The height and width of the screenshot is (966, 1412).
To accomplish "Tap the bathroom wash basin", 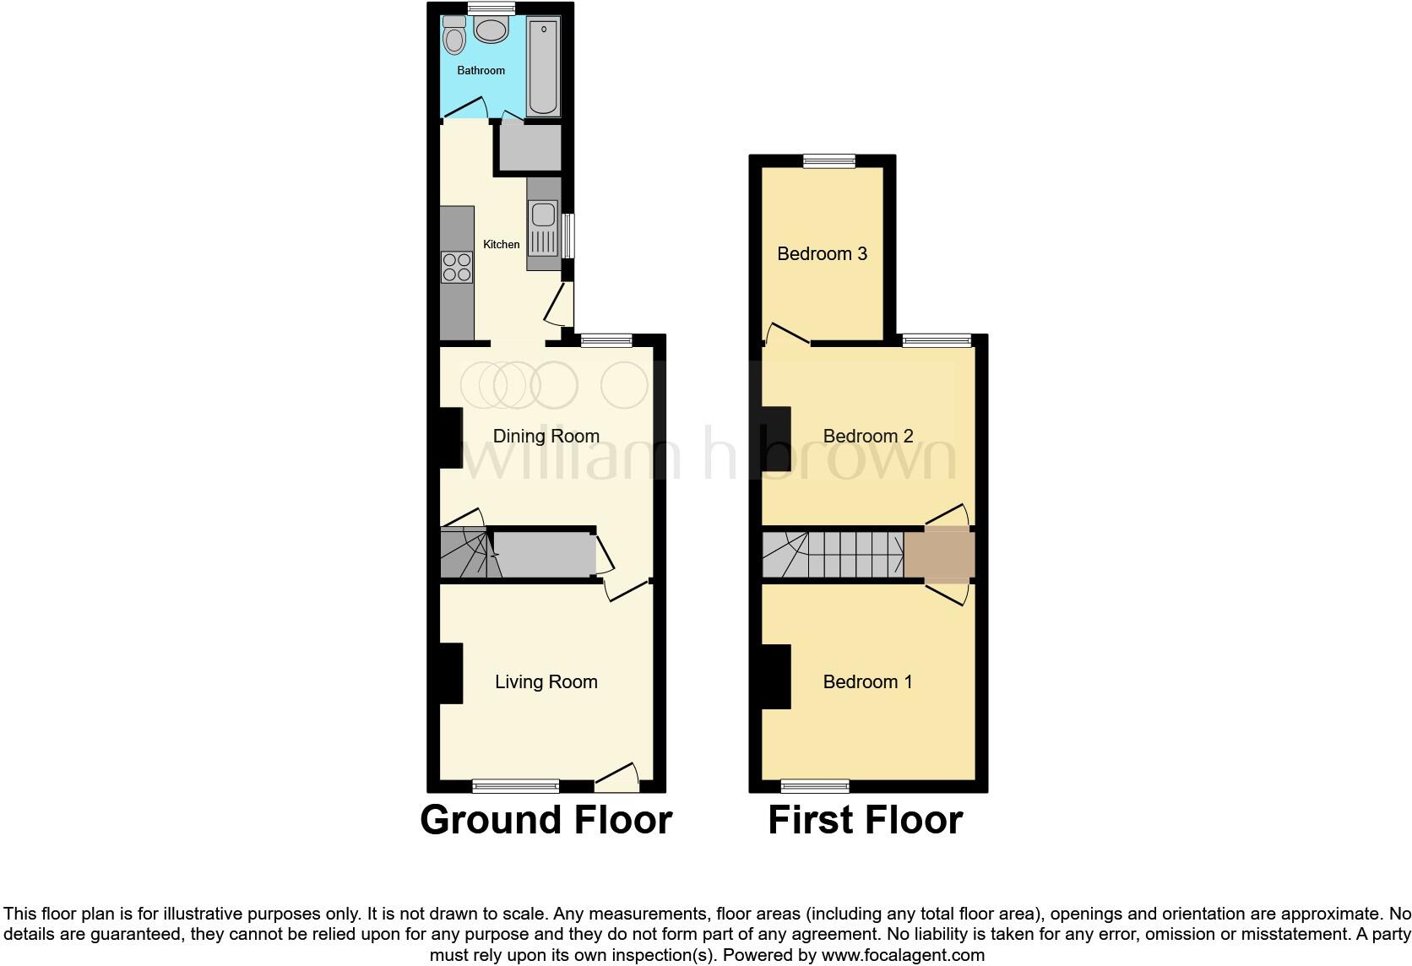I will [491, 31].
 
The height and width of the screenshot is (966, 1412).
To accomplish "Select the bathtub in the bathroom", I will [543, 68].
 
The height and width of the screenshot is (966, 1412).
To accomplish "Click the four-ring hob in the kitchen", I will [457, 268].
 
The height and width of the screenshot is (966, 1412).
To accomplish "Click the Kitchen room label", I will [501, 244].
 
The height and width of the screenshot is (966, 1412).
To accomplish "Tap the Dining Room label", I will [546, 436].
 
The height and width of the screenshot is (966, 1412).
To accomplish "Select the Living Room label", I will [546, 681].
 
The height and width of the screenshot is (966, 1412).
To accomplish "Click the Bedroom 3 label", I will [822, 253].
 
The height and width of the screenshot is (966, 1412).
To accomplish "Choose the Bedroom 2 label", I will [867, 436].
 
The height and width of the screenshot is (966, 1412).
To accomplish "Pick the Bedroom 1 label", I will [867, 681].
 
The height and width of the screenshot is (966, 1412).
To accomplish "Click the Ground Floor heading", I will [546, 820].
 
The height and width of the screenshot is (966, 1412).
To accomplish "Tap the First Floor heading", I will [865, 820].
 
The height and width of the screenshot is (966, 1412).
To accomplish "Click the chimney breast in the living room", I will [450, 673].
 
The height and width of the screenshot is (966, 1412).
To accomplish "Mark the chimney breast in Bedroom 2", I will [776, 439].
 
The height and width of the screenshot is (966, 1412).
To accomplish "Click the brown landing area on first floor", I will [938, 554].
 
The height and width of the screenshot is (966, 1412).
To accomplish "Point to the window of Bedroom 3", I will [828, 160].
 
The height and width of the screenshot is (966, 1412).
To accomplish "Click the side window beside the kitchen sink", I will [568, 236].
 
